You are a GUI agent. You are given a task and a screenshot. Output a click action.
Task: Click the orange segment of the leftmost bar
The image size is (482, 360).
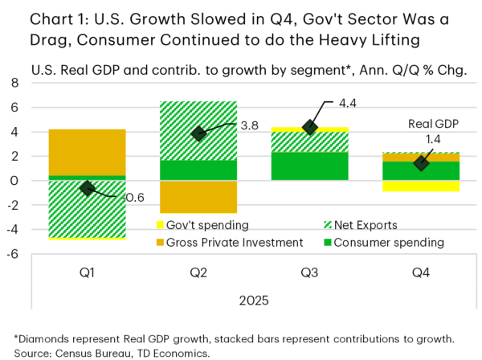88,151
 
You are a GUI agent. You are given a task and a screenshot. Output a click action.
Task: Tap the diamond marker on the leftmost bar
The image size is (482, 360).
87,188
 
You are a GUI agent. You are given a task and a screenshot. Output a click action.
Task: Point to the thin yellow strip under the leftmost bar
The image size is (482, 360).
88,239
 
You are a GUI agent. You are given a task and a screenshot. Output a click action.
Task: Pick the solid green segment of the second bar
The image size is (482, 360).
198,170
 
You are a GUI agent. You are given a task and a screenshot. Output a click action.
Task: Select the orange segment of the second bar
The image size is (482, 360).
198,197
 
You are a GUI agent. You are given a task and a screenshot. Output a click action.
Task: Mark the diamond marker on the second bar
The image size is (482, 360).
198,133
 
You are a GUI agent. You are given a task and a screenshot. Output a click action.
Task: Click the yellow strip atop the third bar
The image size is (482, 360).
310,129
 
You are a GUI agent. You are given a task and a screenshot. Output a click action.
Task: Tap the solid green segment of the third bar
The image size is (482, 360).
310,166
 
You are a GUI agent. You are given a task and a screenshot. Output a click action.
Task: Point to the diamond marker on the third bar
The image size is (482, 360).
310,126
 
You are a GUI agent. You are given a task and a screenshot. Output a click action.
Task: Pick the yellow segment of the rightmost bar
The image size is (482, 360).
421,186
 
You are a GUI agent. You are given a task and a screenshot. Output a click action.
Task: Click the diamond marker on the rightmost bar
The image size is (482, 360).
421,163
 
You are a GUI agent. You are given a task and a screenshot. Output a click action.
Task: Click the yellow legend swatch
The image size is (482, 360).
160,225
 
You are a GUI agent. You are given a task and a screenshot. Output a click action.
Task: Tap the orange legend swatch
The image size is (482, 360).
160,242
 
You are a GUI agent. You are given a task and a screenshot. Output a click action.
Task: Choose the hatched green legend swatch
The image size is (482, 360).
328,225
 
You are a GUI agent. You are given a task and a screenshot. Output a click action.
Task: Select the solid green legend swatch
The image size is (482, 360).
328,242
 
